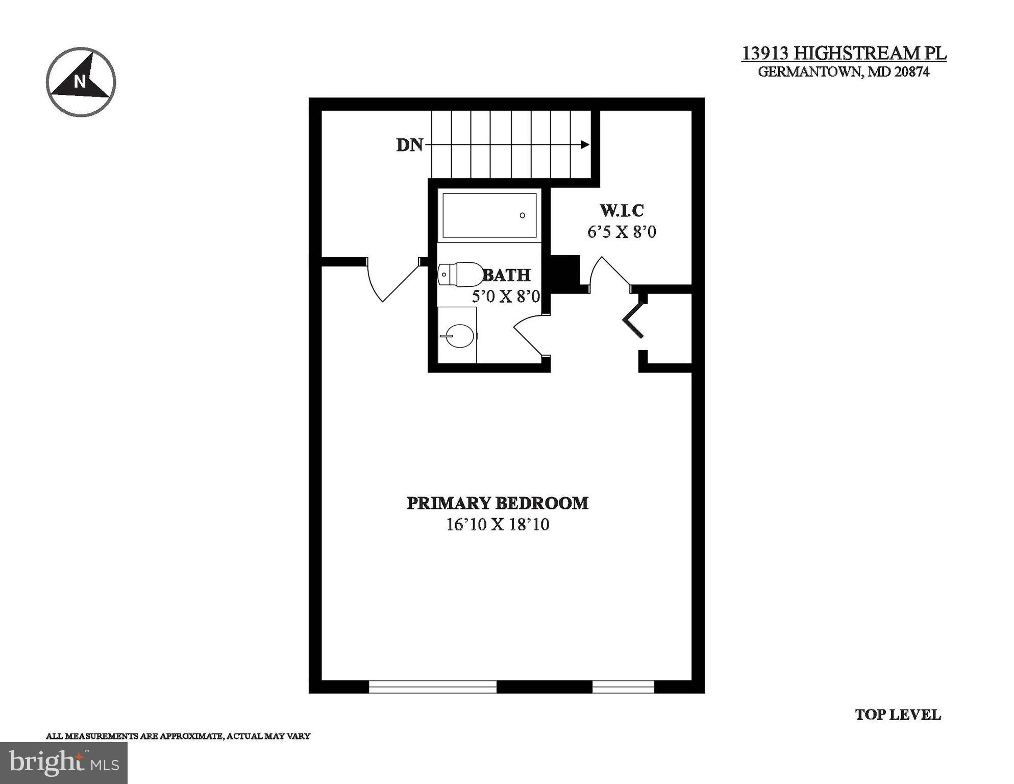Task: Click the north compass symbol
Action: pos(81,82)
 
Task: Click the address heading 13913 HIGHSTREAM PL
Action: pos(844,53)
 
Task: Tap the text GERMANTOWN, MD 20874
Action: pos(844,72)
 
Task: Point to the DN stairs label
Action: pos(409,145)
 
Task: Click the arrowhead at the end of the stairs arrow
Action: pos(585,145)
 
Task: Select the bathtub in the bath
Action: pos(489,215)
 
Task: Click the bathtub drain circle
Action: pos(522,215)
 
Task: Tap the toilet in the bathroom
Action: pos(460,275)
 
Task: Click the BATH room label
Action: pos(507,276)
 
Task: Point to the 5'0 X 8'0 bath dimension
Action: pos(505,297)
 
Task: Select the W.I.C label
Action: pos(622,210)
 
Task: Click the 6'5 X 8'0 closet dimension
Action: pos(622,232)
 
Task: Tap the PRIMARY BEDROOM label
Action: pos(497,503)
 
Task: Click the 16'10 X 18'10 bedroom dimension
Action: pos(498,525)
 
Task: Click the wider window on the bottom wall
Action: pos(432,687)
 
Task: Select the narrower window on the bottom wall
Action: pos(623,687)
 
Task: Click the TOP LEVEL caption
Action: pos(897,715)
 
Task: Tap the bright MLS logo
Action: pos(64,763)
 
